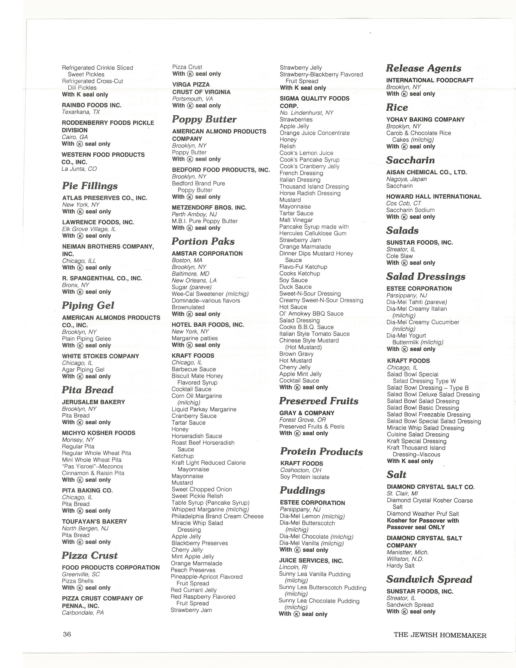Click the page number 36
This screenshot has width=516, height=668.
pyautogui.click(x=67, y=634)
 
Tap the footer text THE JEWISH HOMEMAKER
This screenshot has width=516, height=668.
pyautogui.click(x=440, y=635)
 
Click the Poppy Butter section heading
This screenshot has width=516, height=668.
pyautogui.click(x=204, y=119)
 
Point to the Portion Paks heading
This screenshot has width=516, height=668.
pyautogui.click(x=203, y=241)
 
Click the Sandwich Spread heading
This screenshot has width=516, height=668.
pyautogui.click(x=429, y=579)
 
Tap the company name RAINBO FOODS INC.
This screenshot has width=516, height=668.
pyautogui.click(x=92, y=105)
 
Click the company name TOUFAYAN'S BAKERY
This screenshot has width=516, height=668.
pyautogui.click(x=94, y=521)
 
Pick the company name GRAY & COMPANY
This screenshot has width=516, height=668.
pyautogui.click(x=307, y=413)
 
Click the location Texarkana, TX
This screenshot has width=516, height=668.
pyautogui.click(x=81, y=112)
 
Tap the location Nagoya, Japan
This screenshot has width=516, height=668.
pyautogui.click(x=406, y=179)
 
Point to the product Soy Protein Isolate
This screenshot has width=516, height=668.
pyautogui.click(x=305, y=477)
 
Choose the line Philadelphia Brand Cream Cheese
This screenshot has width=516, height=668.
pyautogui.click(x=217, y=516)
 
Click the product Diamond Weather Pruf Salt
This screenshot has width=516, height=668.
pyautogui.click(x=423, y=514)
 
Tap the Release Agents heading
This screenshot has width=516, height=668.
pyautogui.click(x=423, y=68)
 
